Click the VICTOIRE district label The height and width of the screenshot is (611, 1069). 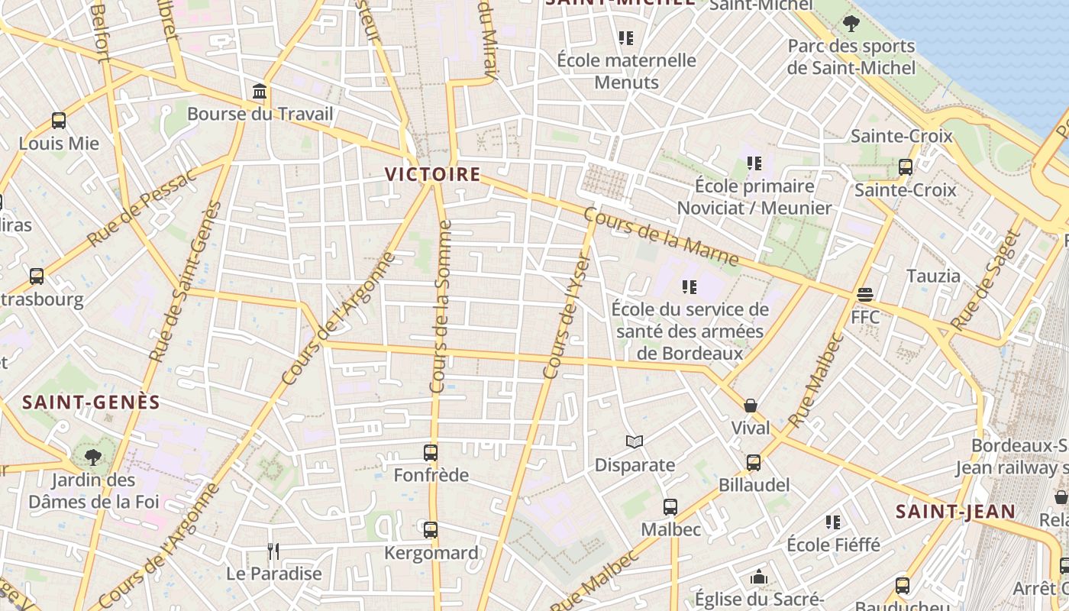pos(433,174)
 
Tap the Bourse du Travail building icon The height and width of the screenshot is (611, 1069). pos(260,92)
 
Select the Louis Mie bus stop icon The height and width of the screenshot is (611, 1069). pos(59,121)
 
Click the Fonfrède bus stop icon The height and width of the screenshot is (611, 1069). pos(431,453)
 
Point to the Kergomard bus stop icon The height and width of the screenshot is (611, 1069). pos(431,529)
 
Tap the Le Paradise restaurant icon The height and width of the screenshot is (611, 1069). pos(273,551)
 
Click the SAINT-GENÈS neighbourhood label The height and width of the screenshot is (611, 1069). pos(91,402)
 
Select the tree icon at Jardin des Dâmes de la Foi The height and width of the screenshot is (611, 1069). pos(93,457)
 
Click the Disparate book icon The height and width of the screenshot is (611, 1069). pos(635,441)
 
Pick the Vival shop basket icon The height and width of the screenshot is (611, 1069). pos(751,405)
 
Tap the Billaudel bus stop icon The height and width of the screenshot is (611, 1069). pos(754,462)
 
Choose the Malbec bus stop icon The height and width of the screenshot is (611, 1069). pos(670,506)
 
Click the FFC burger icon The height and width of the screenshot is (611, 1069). pos(865,294)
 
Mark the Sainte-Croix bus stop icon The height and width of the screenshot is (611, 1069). pos(906,166)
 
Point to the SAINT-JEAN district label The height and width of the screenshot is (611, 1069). pos(955,511)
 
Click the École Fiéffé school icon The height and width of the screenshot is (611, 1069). pos(833,522)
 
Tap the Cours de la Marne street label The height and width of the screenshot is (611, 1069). pos(661,238)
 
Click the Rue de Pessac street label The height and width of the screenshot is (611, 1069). pos(142,209)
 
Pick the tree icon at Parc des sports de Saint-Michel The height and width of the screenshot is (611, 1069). pos(851,24)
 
